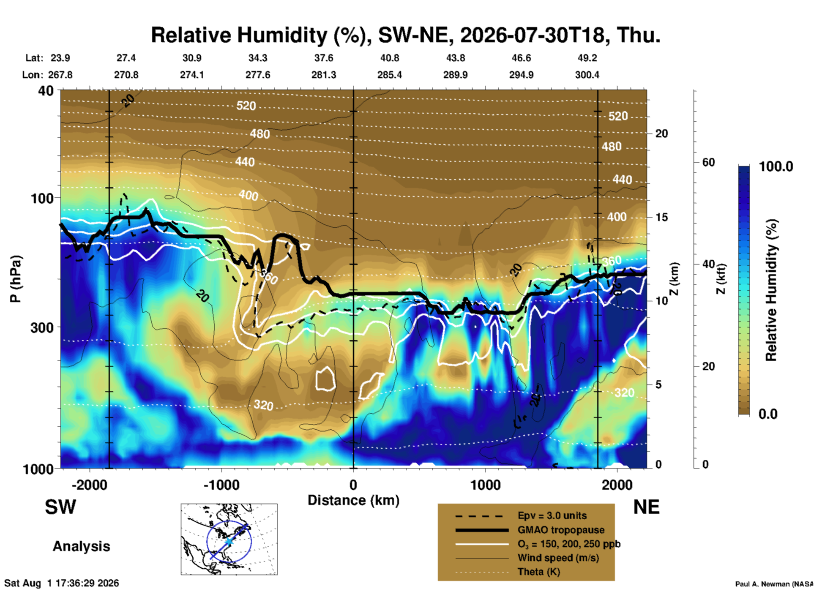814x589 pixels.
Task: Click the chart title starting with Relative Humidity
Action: pos(405,35)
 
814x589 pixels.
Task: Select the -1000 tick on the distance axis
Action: pos(221,485)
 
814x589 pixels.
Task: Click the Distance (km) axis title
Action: pos(353,500)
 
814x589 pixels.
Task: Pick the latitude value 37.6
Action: pos(323,58)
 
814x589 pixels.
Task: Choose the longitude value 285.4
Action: pos(390,75)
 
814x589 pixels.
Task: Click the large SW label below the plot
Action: pos(60,507)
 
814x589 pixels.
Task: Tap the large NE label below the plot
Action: pos(646,507)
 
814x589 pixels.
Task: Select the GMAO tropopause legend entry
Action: pos(561,530)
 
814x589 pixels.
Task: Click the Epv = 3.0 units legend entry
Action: pos(552,516)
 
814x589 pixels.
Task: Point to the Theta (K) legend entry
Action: pos(539,572)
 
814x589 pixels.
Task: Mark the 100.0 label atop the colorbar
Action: pos(776,166)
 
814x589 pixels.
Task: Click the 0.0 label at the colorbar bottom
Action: pos(768,414)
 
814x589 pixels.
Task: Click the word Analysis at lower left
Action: pos(81,546)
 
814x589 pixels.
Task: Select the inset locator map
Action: pos(229,539)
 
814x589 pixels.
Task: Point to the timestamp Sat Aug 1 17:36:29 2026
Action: pos(62,583)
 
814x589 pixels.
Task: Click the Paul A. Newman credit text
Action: pos(774,584)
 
